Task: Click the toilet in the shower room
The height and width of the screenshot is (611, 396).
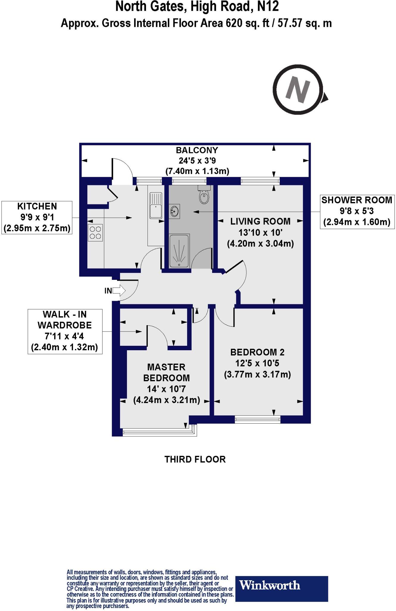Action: [204, 195]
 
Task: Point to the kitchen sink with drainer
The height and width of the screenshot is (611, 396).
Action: [156, 206]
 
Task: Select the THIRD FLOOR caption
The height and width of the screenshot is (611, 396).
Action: [195, 459]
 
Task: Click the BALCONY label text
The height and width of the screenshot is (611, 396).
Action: [197, 150]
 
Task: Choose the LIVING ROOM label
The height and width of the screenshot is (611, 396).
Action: [260, 221]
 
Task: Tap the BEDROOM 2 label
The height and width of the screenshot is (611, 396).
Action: [257, 352]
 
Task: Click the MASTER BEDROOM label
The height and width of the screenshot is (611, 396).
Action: [166, 372]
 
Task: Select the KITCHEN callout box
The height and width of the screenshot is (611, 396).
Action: [37, 217]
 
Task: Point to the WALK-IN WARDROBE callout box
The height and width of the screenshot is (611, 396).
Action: [65, 331]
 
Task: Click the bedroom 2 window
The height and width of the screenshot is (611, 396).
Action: [258, 420]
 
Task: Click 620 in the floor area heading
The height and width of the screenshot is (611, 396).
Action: [234, 23]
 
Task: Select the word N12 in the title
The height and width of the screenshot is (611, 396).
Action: [268, 7]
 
